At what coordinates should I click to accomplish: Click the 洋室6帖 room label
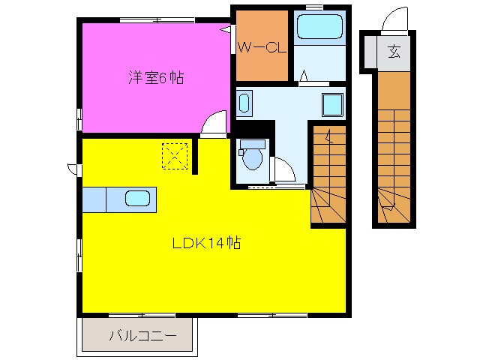[x=156, y=76]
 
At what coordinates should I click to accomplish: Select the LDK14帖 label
[x=206, y=243]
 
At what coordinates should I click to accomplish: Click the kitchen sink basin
[x=137, y=199]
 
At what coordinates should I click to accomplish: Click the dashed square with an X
[x=175, y=156]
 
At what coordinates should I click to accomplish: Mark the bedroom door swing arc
[x=214, y=122]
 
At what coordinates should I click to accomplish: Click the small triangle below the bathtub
[x=304, y=75]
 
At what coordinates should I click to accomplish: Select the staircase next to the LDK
[x=328, y=176]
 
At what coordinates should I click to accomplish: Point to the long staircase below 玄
[x=393, y=150]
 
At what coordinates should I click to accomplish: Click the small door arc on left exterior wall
[x=72, y=169]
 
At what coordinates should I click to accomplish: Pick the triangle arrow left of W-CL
[x=226, y=30]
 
